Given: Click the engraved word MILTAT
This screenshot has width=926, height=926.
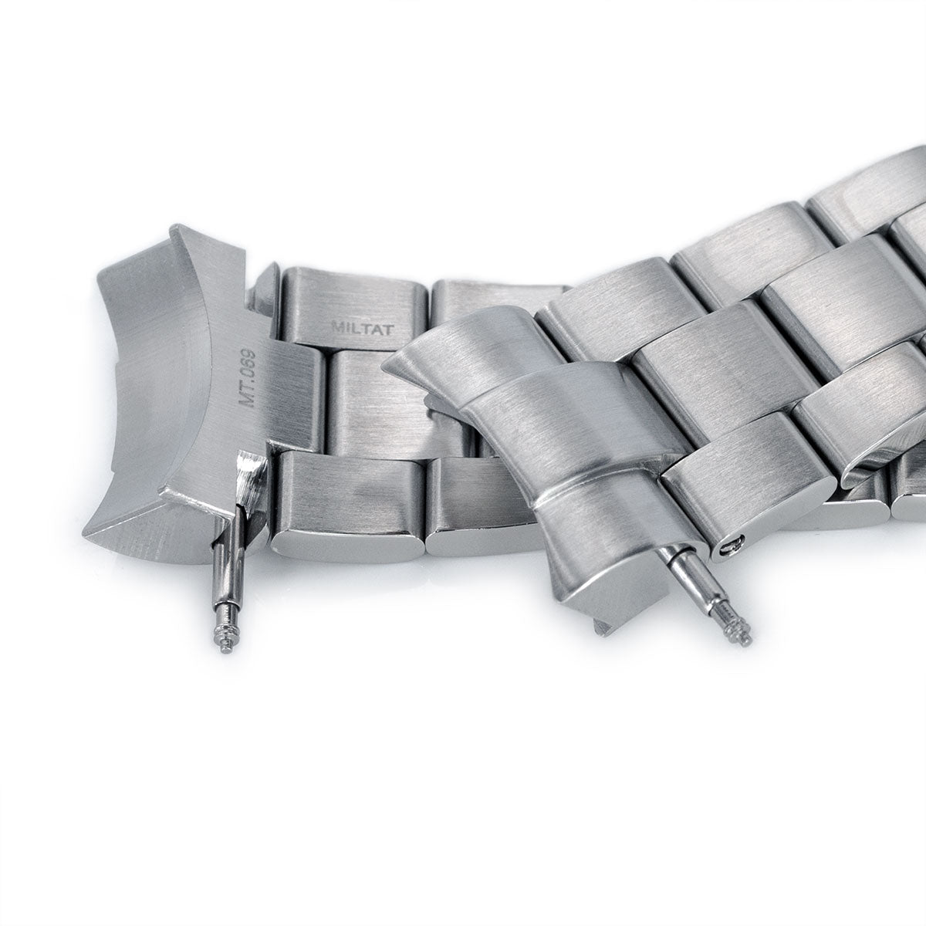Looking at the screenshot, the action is click(x=363, y=330).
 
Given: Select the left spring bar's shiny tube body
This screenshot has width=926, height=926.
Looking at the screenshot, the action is click(x=232, y=583).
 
